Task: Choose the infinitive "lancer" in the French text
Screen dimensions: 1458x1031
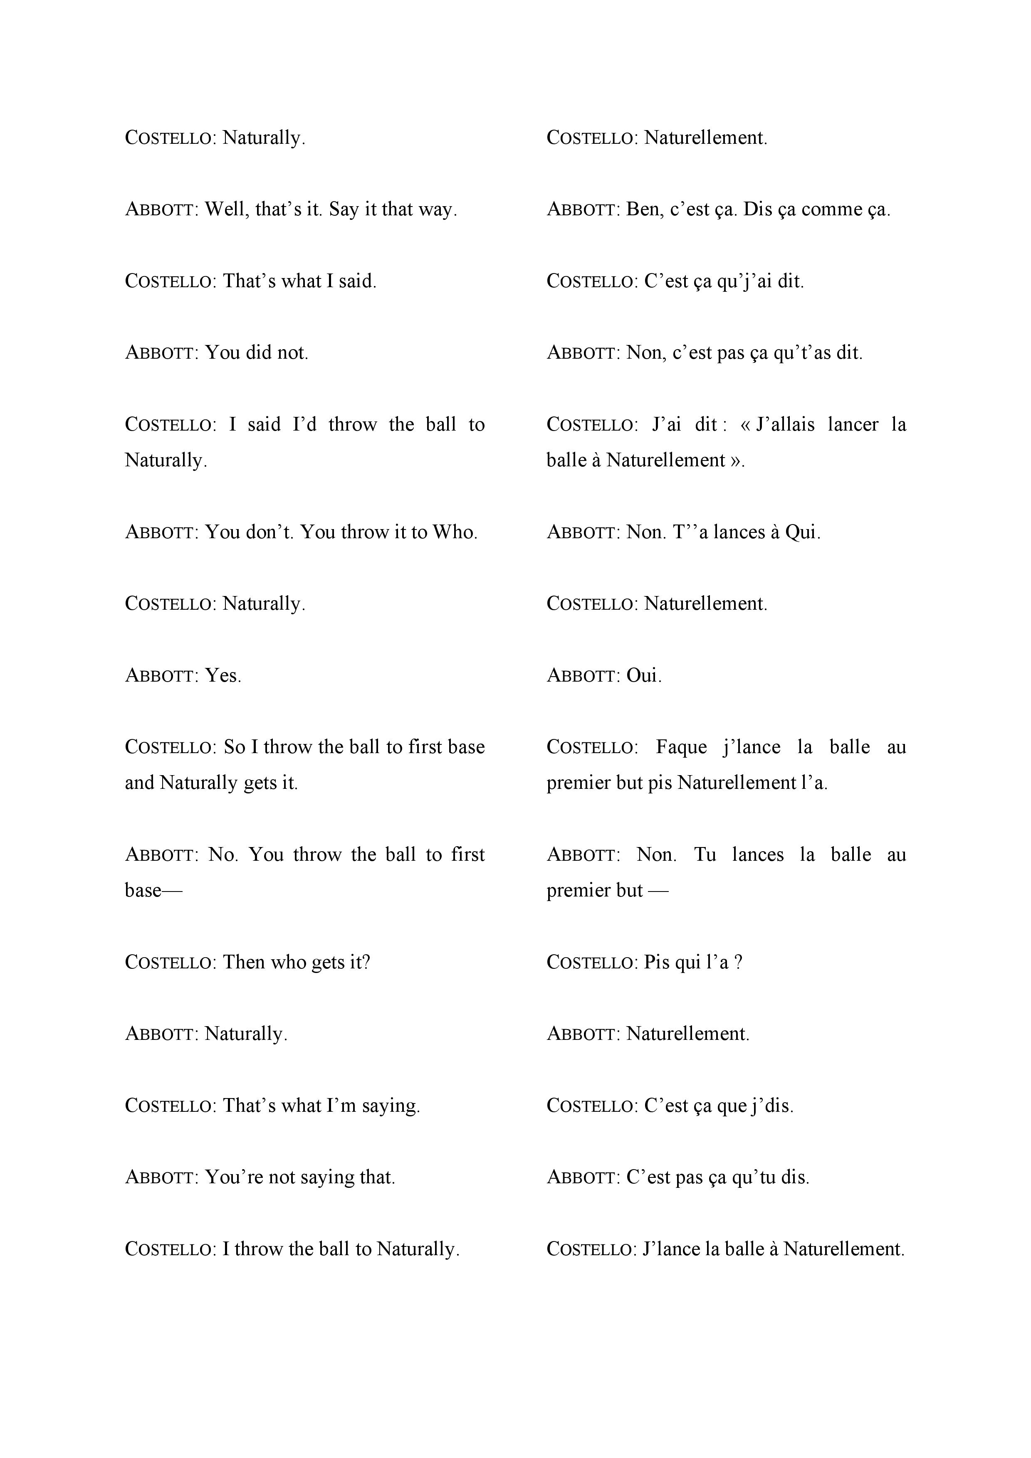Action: coord(853,425)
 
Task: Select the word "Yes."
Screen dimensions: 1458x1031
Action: coord(223,676)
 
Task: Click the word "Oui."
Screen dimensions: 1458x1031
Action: coord(644,676)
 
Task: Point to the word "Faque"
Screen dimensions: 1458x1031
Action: coord(681,747)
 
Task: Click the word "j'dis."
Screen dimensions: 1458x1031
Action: coord(772,1106)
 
